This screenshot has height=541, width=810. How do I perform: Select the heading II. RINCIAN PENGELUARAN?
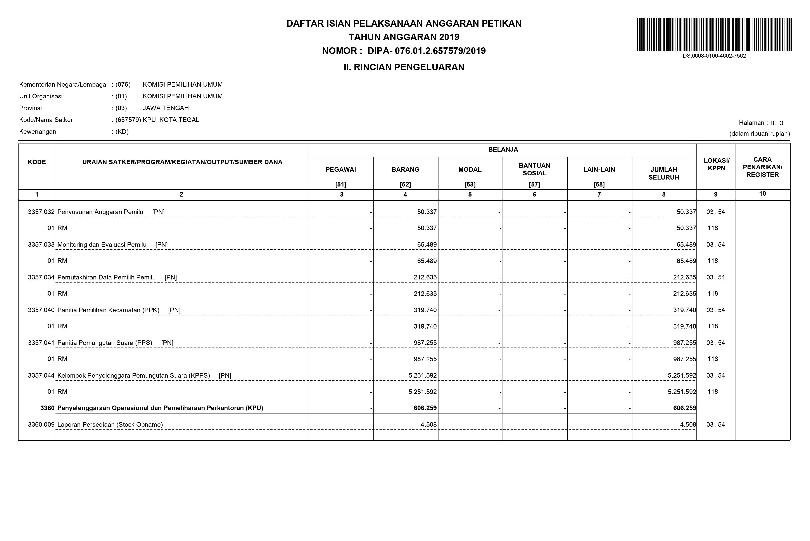pyautogui.click(x=404, y=67)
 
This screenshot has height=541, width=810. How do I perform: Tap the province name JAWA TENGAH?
pyautogui.click(x=166, y=108)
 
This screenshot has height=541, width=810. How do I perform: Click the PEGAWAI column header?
pyautogui.click(x=341, y=169)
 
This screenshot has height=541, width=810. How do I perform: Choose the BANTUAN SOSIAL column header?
pyautogui.click(x=534, y=169)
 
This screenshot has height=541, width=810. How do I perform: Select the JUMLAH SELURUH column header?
pyautogui.click(x=663, y=173)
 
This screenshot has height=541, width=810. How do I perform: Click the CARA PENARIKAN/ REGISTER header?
pyautogui.click(x=762, y=167)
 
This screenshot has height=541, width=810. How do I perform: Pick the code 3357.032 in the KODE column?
pyautogui.click(x=41, y=212)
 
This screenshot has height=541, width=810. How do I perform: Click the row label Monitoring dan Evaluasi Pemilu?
pyautogui.click(x=102, y=245)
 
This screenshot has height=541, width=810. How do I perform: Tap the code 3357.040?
pyautogui.click(x=41, y=310)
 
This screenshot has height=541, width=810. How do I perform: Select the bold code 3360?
pyautogui.click(x=47, y=408)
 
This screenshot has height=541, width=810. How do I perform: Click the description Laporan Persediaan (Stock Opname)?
pyautogui.click(x=110, y=424)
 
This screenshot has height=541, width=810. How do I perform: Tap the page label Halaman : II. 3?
pyautogui.click(x=761, y=123)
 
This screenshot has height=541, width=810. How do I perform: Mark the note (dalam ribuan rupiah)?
pyautogui.click(x=759, y=134)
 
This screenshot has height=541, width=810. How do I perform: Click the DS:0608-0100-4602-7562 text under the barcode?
pyautogui.click(x=714, y=56)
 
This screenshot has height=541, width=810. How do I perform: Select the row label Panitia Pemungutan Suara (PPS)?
pyautogui.click(x=105, y=343)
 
